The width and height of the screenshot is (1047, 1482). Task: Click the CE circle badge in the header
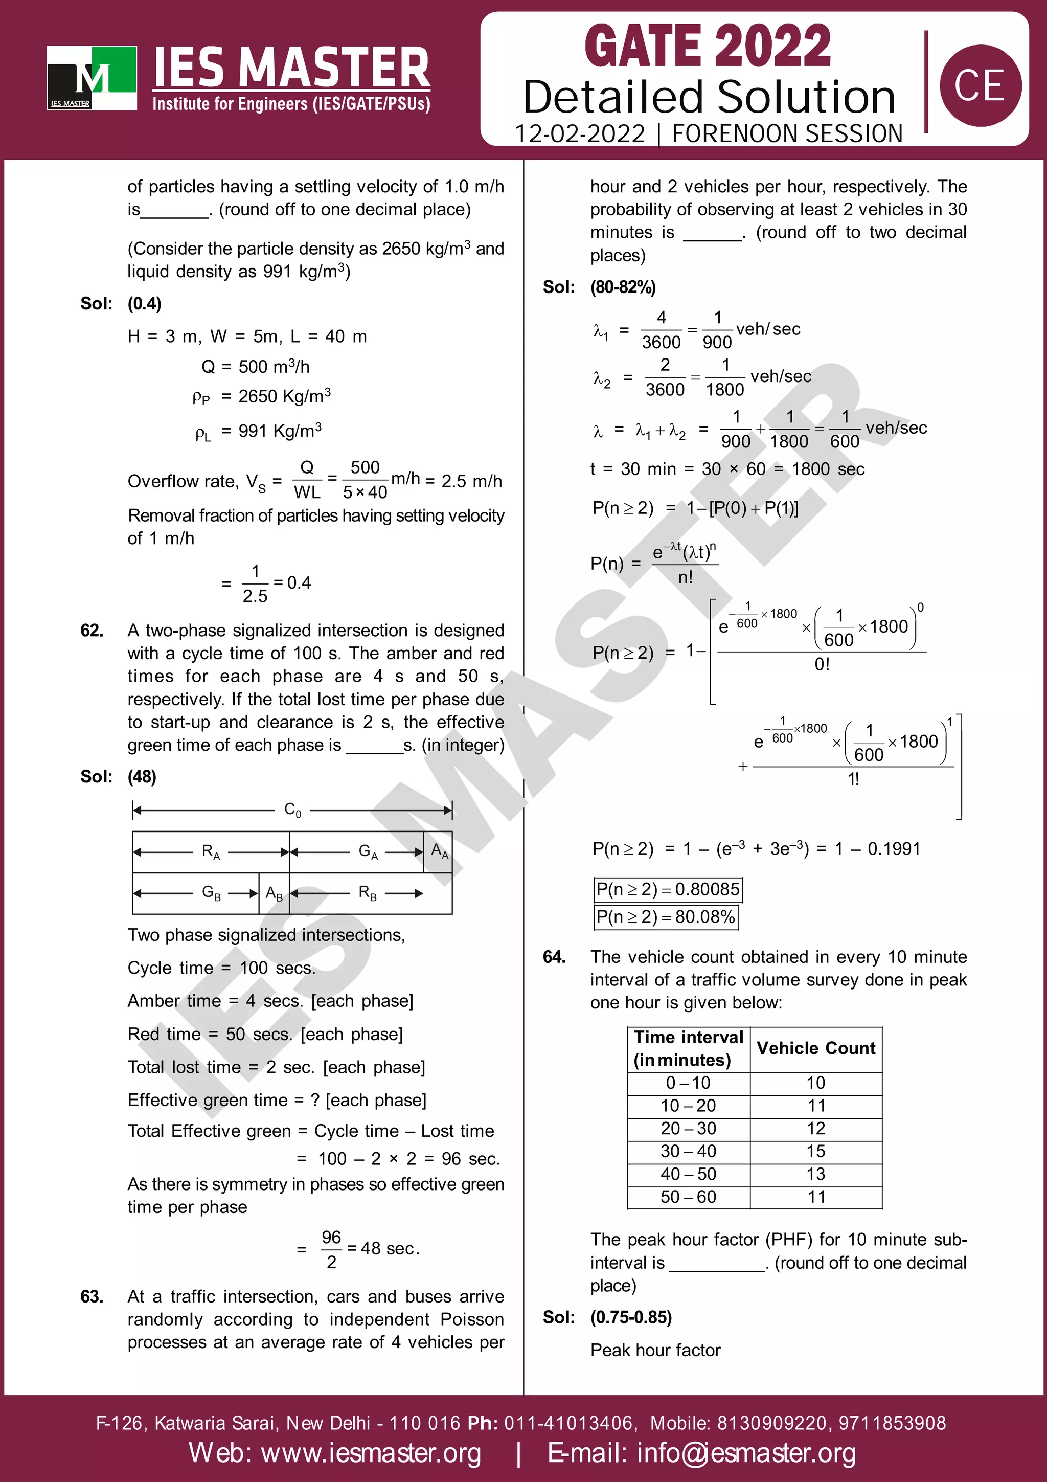[x=980, y=85]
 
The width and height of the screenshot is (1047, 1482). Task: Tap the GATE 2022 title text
[x=708, y=47]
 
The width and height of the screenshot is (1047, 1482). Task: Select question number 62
[x=92, y=631]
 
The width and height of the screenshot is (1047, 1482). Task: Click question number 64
[x=554, y=957]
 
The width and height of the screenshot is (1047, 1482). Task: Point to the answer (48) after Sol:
[x=142, y=776]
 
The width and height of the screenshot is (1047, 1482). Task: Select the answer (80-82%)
[x=623, y=287]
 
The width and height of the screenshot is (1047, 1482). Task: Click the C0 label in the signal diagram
[x=292, y=810]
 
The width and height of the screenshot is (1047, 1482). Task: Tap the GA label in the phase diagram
[x=368, y=852]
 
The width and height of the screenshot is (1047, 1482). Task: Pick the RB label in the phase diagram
[x=368, y=893]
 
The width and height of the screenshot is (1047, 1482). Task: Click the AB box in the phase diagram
[x=274, y=894]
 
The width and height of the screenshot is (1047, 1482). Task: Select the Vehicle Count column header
[x=816, y=1048]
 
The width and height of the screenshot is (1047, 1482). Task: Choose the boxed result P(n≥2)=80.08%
[x=665, y=917]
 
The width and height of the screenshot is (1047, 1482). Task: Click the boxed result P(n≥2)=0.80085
[x=668, y=889]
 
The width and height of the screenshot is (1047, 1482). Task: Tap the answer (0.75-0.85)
[x=631, y=1317]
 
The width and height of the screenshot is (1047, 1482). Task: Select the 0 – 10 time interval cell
[x=688, y=1083]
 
